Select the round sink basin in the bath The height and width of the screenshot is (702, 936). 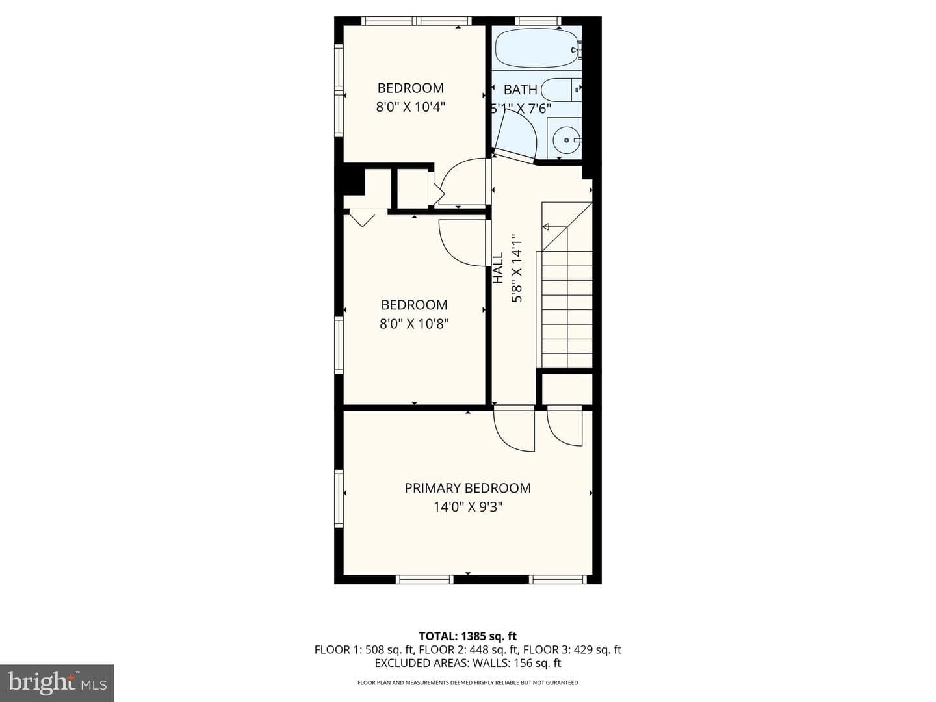click(x=566, y=140)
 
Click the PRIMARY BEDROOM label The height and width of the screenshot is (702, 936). click(x=468, y=488)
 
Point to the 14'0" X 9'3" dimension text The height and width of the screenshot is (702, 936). click(x=468, y=507)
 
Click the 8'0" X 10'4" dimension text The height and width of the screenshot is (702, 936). click(x=411, y=107)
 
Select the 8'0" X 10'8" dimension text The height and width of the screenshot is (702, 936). click(x=414, y=324)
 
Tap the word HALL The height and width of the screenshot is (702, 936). click(x=498, y=268)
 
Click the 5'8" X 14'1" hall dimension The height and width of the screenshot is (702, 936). click(x=516, y=268)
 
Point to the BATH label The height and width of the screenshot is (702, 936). click(x=520, y=90)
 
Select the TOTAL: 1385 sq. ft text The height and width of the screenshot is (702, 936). click(x=468, y=636)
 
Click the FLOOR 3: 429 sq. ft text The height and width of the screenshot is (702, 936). click(x=572, y=649)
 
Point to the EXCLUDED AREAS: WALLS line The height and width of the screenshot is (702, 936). click(x=468, y=663)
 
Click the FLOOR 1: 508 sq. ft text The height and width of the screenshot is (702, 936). click(x=364, y=649)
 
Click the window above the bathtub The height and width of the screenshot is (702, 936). click(x=538, y=20)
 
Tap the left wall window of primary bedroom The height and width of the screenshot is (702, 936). click(x=339, y=499)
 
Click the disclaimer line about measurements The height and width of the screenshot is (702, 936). click(x=468, y=682)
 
